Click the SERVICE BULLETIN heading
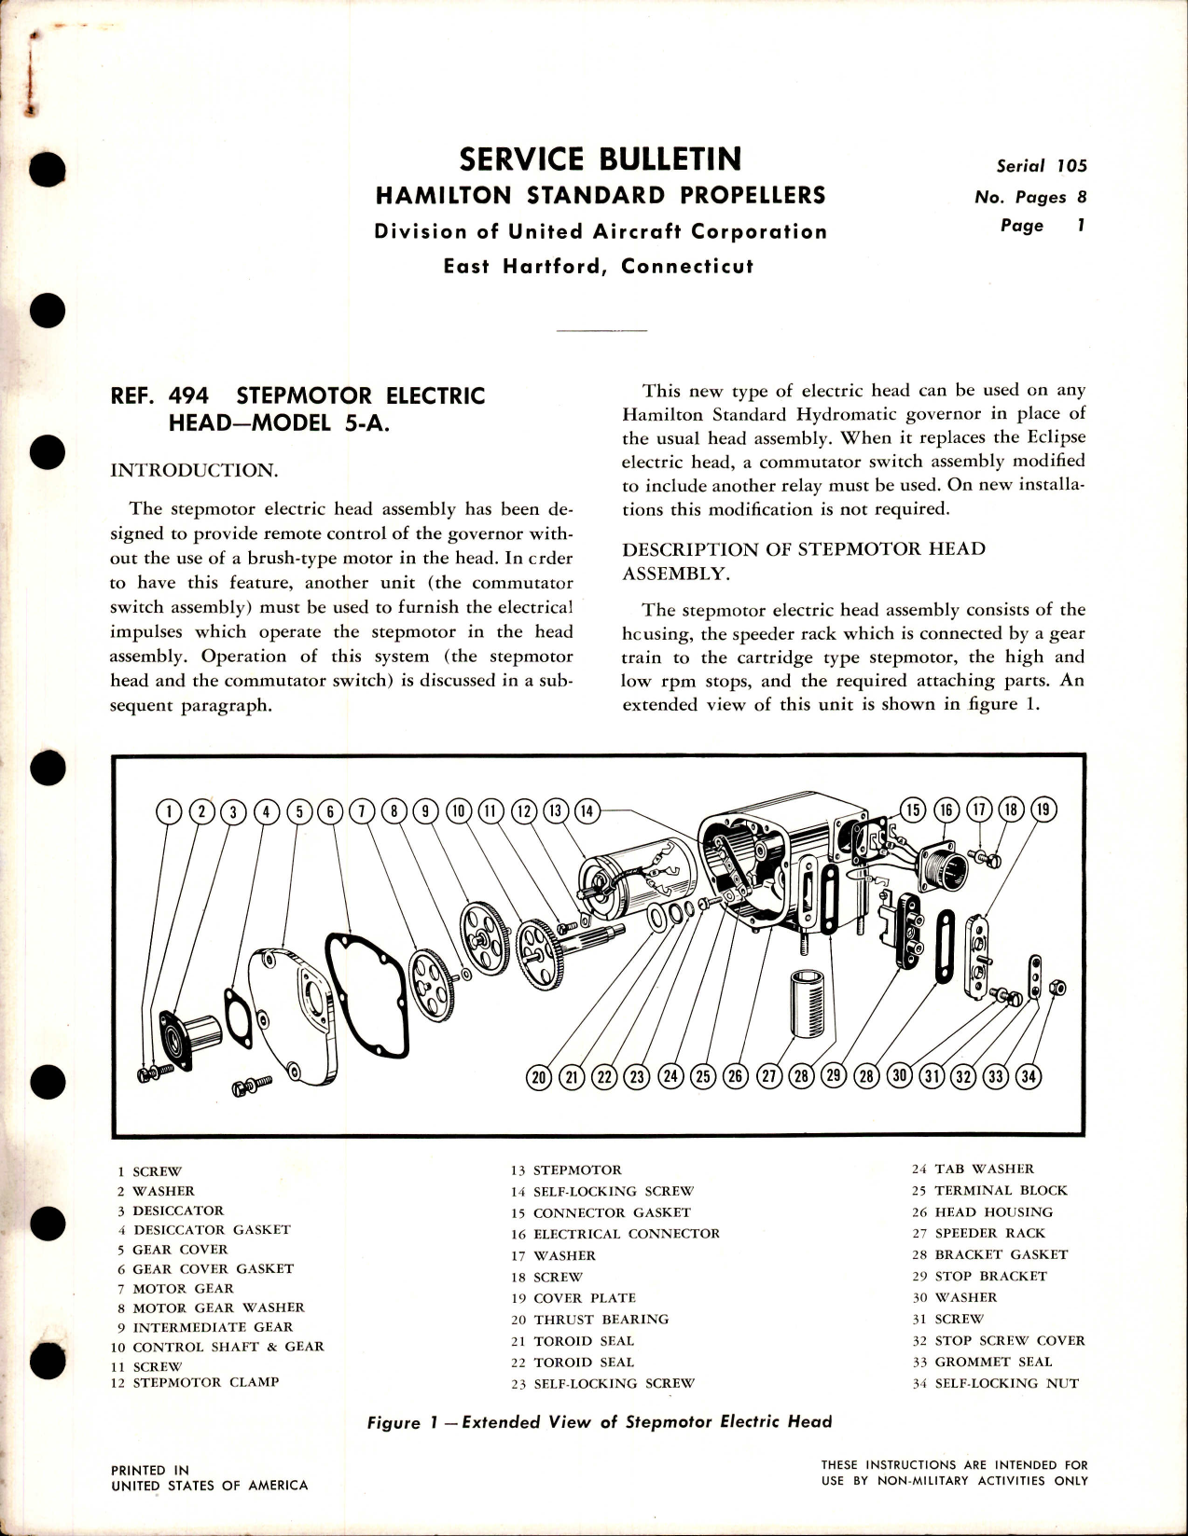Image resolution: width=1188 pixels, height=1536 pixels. pos(600,159)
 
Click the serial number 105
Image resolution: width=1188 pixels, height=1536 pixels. pos(1071,166)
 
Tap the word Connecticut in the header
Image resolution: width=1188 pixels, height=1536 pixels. pos(686,266)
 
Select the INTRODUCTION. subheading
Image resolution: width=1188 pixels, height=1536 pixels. pos(194,470)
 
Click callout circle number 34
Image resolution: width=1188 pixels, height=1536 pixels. pos(1028,1077)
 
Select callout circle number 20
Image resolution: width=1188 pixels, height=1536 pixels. pos(538,1078)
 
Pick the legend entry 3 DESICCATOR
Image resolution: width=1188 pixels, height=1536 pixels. pos(170,1211)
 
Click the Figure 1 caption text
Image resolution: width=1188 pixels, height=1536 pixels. pos(599,1422)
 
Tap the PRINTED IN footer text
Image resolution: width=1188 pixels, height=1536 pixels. pos(149,1470)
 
